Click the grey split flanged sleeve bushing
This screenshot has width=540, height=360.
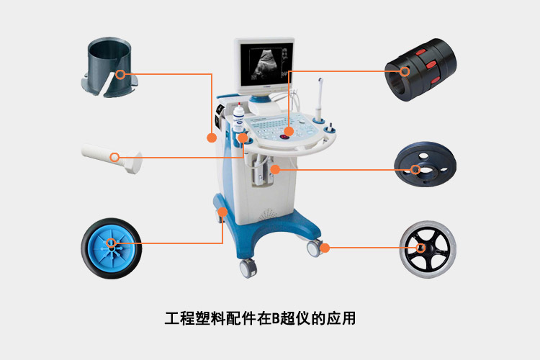(x=109, y=67)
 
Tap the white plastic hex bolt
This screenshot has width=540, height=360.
(x=112, y=158)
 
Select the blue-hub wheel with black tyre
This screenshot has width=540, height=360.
(x=111, y=248)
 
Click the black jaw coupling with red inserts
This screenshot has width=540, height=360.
(x=420, y=70)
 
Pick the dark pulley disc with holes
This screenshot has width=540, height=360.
(x=426, y=164)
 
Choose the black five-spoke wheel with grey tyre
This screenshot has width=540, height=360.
(x=428, y=249)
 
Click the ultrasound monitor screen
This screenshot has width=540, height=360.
(x=266, y=64)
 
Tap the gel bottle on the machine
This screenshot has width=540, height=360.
(x=238, y=118)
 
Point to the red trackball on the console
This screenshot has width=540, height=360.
(x=284, y=137)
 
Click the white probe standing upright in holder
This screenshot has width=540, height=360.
(x=320, y=99)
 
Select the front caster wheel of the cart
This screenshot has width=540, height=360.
(x=248, y=269)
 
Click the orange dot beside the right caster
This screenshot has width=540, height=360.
(x=325, y=248)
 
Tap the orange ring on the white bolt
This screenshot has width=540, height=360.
(x=114, y=158)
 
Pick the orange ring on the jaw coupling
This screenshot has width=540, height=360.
(x=405, y=71)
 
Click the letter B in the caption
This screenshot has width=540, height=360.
(x=276, y=318)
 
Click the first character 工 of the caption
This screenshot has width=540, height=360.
(x=172, y=318)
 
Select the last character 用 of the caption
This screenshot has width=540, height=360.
(x=348, y=318)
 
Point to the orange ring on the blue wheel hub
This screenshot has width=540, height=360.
(x=111, y=243)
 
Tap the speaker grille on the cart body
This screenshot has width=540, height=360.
(x=267, y=215)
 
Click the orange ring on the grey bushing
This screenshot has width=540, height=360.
(x=120, y=74)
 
